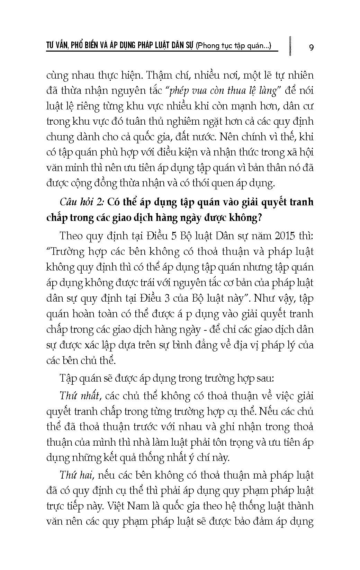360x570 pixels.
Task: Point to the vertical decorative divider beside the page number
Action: pyautogui.click(x=288, y=45)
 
